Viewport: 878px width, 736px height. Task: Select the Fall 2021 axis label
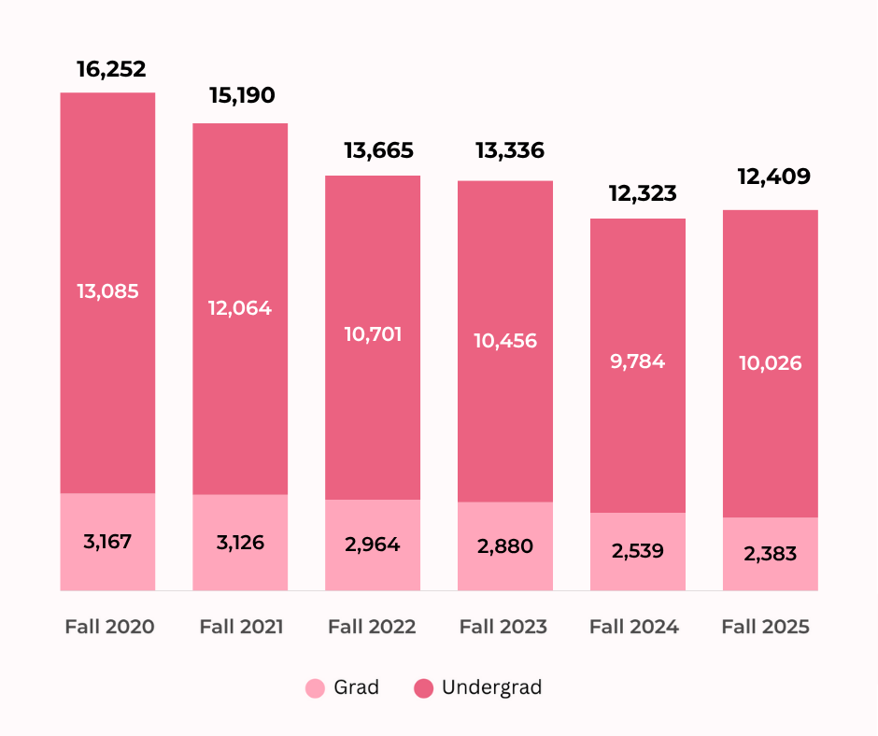point(241,626)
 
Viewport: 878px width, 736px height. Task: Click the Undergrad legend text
point(491,688)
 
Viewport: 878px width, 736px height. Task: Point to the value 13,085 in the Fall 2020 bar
point(107,291)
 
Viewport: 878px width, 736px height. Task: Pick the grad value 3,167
point(107,542)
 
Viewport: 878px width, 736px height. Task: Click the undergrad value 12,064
point(240,308)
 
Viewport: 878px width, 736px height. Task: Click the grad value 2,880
point(504,546)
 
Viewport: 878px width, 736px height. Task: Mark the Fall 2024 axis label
point(638,626)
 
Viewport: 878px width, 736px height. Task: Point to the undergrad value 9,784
point(638,361)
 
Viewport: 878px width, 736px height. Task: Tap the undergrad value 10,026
point(771,363)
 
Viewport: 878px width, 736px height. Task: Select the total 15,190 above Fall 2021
point(240,95)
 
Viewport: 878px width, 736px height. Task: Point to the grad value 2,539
point(638,551)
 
